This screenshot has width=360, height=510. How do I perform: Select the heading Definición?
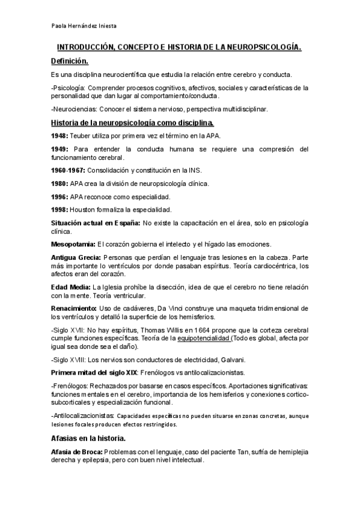point(69,61)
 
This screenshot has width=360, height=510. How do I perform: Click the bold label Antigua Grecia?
point(76,257)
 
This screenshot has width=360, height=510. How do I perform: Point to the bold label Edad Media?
point(71,287)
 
